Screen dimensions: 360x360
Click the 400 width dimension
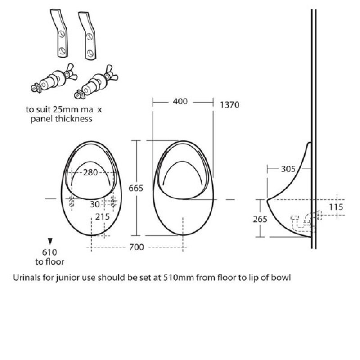point(180,102)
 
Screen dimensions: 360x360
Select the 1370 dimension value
point(229,105)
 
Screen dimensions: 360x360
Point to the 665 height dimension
point(135,188)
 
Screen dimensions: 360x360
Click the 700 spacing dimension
point(136,247)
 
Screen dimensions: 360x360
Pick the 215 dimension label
point(103,216)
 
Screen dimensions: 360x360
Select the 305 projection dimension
point(288,169)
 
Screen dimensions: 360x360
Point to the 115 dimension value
point(336,207)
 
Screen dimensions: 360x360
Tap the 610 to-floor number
point(49,252)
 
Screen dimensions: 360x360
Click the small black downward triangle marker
point(50,241)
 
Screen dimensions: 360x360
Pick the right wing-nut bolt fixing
point(95,81)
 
